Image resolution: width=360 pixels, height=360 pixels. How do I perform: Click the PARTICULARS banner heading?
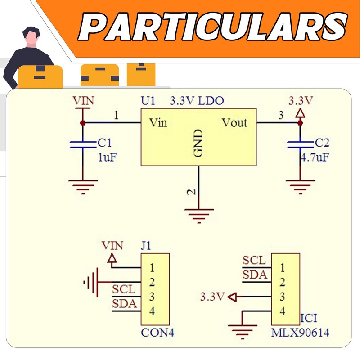tap(212, 27)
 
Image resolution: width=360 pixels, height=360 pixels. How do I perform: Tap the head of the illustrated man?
tap(31, 36)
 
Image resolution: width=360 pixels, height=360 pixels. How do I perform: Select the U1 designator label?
tap(148, 100)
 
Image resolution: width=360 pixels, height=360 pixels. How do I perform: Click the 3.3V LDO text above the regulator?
tap(197, 100)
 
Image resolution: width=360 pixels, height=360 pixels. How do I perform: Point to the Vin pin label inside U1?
tap(158, 122)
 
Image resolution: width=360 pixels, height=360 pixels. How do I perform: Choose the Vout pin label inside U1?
tap(234, 122)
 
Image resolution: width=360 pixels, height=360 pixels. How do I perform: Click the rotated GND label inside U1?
tap(198, 143)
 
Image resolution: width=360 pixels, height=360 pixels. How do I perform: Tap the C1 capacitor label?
tap(104, 143)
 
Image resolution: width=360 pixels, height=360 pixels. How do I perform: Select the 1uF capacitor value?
tap(107, 157)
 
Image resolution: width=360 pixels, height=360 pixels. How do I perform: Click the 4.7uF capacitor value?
tap(315, 157)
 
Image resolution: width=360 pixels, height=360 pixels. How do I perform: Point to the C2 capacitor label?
tap(322, 143)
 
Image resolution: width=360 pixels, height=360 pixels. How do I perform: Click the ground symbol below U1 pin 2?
tap(199, 216)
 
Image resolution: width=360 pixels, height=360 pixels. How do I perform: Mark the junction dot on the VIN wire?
tap(83, 123)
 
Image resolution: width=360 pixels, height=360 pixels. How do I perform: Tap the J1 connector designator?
tap(146, 246)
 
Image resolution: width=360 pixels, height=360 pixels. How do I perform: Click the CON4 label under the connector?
tap(157, 333)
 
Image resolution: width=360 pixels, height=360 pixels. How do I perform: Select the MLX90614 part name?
tap(300, 333)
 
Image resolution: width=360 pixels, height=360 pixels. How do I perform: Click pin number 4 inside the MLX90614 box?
tap(283, 311)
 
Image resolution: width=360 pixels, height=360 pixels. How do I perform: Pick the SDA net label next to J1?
tap(125, 303)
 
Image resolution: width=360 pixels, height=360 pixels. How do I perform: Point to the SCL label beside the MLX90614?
tap(254, 260)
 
